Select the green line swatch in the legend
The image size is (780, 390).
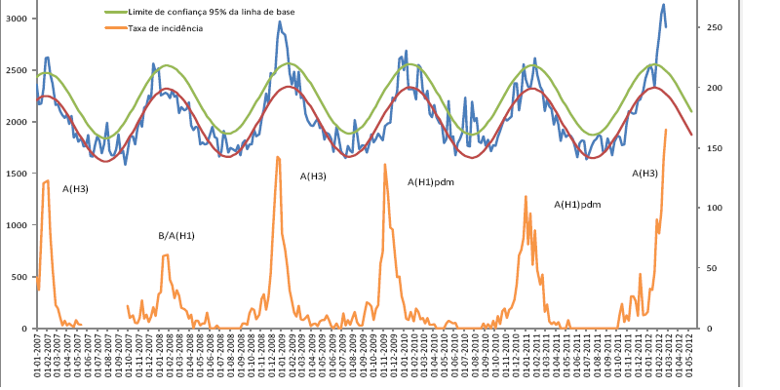pyautogui.click(x=114, y=12)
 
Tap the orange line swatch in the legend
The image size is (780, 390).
pyautogui.click(x=114, y=29)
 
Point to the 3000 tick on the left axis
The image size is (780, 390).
pyautogui.click(x=19, y=19)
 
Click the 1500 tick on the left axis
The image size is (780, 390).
pyautogui.click(x=19, y=174)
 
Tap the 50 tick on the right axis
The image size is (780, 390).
pyautogui.click(x=715, y=268)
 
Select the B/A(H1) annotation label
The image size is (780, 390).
pyautogui.click(x=176, y=236)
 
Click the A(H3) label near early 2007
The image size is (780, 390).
pyautogui.click(x=75, y=188)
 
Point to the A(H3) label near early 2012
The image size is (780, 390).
pyautogui.click(x=644, y=174)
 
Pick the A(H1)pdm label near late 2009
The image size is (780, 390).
pyautogui.click(x=432, y=182)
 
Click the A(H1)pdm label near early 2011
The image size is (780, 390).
pyautogui.click(x=577, y=205)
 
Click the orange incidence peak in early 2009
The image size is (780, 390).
pyautogui.click(x=278, y=157)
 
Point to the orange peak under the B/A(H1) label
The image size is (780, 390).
pyautogui.click(x=166, y=255)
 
